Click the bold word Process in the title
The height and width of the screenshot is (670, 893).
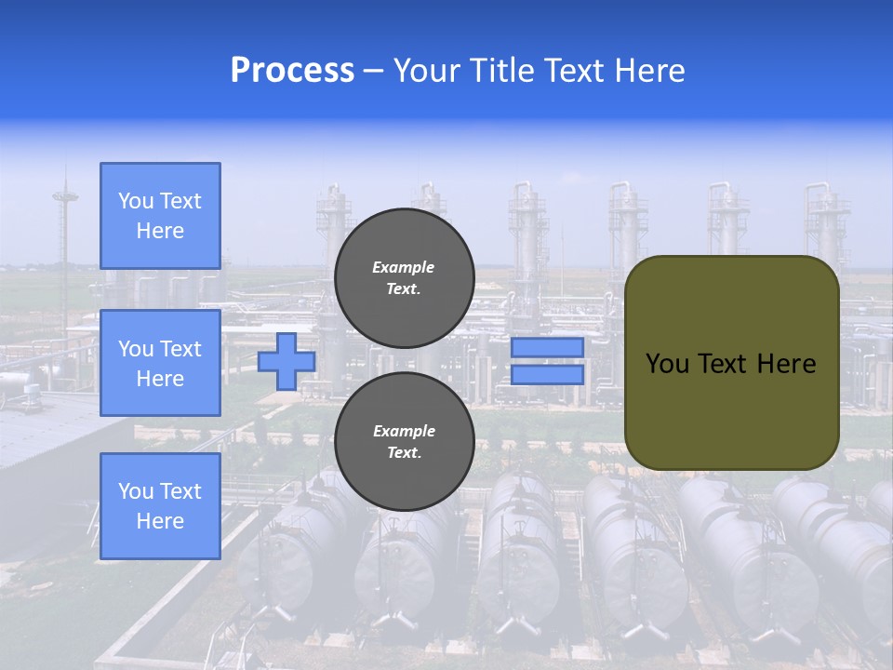pyautogui.click(x=292, y=71)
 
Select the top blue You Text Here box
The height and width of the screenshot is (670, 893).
pyautogui.click(x=160, y=216)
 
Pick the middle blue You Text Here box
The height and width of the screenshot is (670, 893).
pyautogui.click(x=160, y=363)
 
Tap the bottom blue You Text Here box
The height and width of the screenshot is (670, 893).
pyautogui.click(x=160, y=506)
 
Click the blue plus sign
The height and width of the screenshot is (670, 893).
pyautogui.click(x=287, y=362)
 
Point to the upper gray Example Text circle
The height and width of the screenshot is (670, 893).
pyautogui.click(x=404, y=277)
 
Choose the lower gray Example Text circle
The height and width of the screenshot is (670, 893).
pyautogui.click(x=404, y=441)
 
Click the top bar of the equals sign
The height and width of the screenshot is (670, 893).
pyautogui.click(x=547, y=347)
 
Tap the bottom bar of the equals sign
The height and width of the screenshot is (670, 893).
pyautogui.click(x=547, y=375)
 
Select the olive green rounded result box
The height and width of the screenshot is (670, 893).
pyautogui.click(x=731, y=363)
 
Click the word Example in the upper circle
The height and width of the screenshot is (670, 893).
pyautogui.click(x=404, y=267)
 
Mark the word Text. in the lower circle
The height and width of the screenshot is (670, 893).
pyautogui.click(x=404, y=453)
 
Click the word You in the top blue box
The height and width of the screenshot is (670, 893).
pyautogui.click(x=136, y=201)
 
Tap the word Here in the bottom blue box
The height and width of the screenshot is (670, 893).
pyautogui.click(x=160, y=521)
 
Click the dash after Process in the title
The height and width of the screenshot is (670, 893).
pyautogui.click(x=373, y=72)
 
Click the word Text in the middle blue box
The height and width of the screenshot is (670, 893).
pyautogui.click(x=180, y=349)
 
